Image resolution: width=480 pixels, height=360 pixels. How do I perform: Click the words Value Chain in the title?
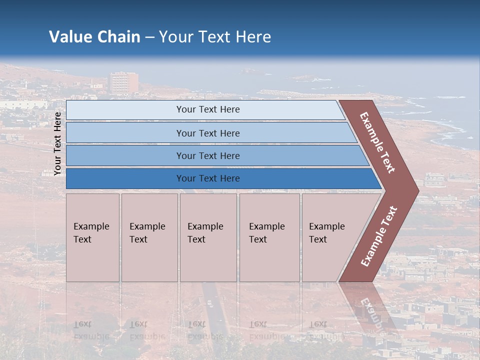point(94,37)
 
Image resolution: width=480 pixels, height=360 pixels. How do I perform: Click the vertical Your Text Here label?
point(58,143)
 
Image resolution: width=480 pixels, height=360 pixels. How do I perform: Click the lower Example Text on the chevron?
point(379,236)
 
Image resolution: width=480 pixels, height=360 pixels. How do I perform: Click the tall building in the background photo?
point(123,82)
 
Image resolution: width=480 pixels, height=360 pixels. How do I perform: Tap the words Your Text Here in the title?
point(215,37)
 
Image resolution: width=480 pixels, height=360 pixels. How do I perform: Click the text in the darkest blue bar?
point(208,178)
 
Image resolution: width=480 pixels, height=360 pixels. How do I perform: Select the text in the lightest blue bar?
point(208,109)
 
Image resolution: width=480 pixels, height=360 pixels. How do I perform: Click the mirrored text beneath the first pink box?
point(91,330)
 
